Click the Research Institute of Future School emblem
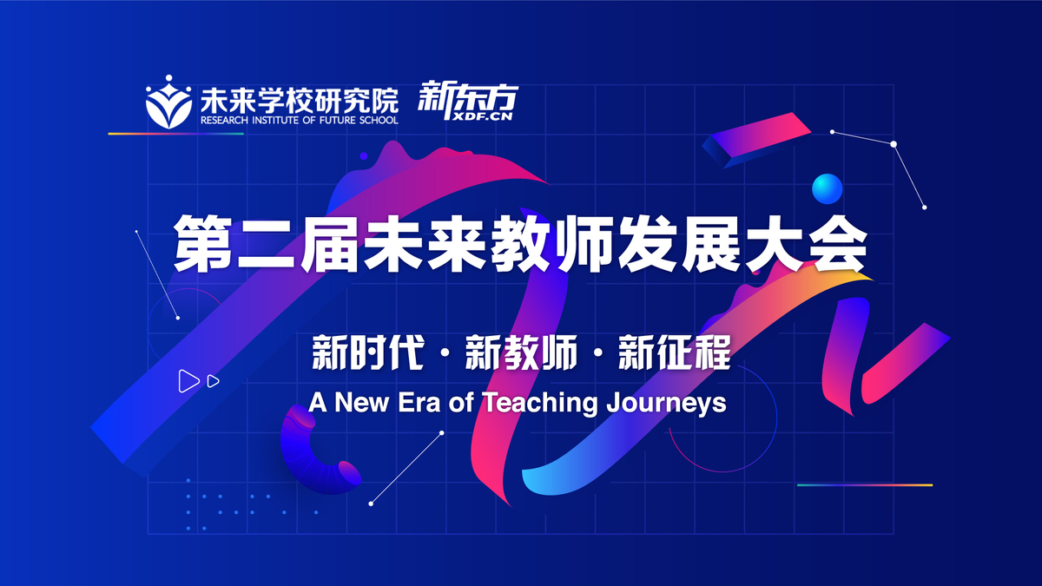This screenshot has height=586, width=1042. tap(168, 102)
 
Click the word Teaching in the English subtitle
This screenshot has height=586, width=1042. tap(540, 403)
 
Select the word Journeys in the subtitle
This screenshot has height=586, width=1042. tap(666, 404)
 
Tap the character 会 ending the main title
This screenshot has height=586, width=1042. tap(838, 243)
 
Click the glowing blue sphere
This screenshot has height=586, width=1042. tap(827, 188)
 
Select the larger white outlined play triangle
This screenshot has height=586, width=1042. tap(188, 381)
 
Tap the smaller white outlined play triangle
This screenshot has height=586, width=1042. tap(213, 381)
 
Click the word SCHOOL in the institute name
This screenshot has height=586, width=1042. tap(381, 121)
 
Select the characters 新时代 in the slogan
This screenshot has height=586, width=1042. tap(368, 352)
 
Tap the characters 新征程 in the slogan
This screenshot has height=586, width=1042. tap(674, 352)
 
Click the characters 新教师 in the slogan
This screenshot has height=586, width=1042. tap(521, 352)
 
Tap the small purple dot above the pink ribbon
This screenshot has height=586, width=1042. tap(364, 156)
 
